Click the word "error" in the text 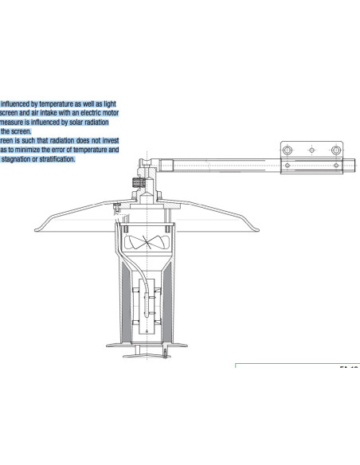click(70, 150)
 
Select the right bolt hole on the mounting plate click(336, 150)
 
